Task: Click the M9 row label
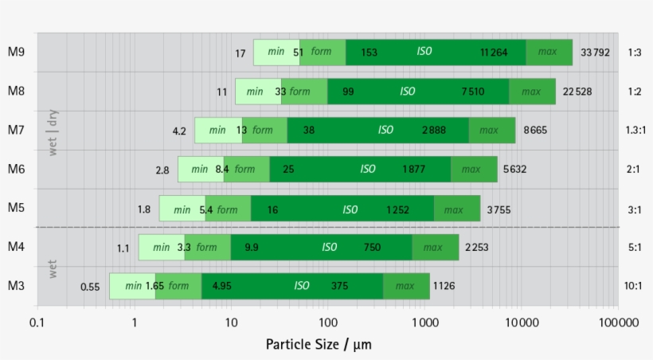(16, 53)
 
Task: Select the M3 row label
(16, 286)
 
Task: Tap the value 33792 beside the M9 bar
(596, 53)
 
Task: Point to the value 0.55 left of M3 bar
(90, 287)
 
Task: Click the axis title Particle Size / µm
(319, 344)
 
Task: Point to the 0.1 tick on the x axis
(37, 323)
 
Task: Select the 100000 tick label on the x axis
(618, 323)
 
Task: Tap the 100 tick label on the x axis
(327, 323)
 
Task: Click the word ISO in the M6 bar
(367, 169)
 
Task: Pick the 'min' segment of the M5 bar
(182, 209)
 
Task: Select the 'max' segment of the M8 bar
(531, 92)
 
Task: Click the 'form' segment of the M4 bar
(207, 248)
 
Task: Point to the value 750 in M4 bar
(372, 248)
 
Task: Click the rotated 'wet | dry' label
(53, 131)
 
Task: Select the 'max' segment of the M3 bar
(405, 286)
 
